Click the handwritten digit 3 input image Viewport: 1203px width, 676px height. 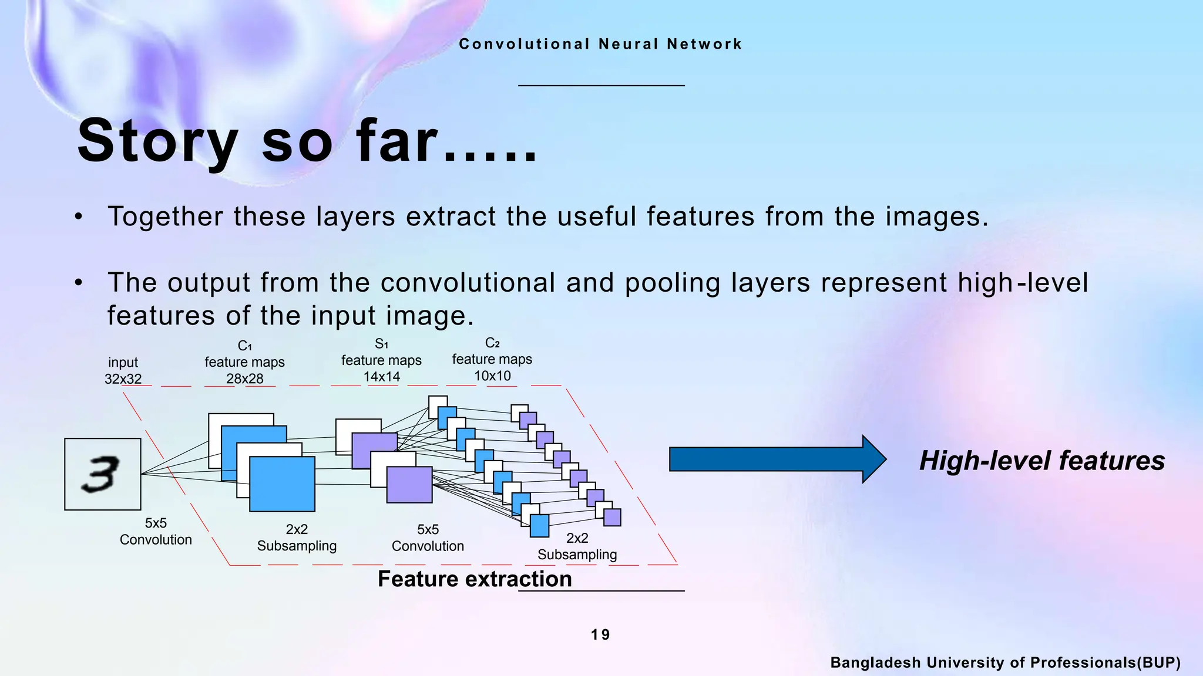tap(103, 474)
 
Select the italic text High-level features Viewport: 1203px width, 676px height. tap(1041, 461)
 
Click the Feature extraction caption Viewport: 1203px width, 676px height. tap(475, 579)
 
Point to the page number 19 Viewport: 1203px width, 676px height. tap(600, 635)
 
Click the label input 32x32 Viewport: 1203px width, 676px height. tap(123, 371)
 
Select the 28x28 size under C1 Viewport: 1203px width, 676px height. tap(244, 379)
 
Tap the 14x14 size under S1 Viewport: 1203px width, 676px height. tap(381, 377)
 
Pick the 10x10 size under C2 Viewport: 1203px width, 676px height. tap(492, 376)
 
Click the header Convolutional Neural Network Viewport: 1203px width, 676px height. tap(600, 44)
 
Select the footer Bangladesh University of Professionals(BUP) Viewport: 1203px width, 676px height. tap(1005, 663)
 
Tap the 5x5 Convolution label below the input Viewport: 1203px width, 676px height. tap(156, 532)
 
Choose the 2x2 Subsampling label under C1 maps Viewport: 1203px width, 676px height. tap(297, 538)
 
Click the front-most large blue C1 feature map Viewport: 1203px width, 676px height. tap(282, 485)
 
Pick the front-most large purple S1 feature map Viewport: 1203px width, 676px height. tap(409, 485)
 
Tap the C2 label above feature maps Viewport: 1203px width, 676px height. tap(492, 343)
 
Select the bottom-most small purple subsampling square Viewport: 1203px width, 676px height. tap(612, 518)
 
